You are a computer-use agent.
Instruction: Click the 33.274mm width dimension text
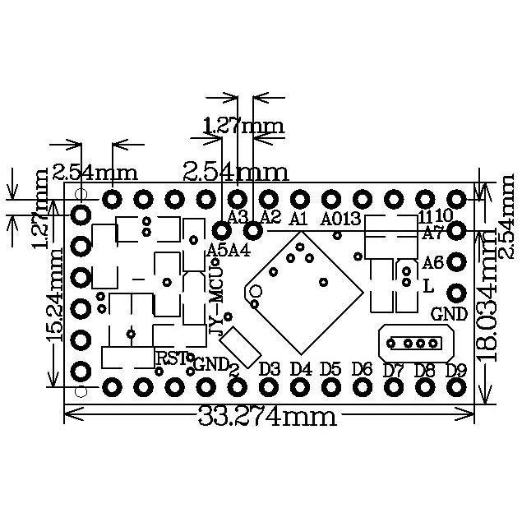(x=268, y=416)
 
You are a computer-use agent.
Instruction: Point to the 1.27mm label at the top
(x=243, y=126)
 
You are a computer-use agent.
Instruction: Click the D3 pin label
(x=270, y=368)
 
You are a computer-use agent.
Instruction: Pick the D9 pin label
(x=455, y=369)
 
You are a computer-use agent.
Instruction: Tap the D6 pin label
(x=363, y=368)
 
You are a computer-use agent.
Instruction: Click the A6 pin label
(x=433, y=263)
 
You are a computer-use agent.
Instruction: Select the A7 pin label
(x=433, y=233)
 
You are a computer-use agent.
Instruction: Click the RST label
(x=171, y=358)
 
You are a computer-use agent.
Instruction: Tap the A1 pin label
(x=298, y=218)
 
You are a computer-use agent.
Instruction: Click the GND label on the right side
(x=449, y=313)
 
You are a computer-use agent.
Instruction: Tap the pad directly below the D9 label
(x=455, y=386)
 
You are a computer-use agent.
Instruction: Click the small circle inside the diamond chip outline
(x=256, y=291)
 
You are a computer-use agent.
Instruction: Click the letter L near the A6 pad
(x=428, y=287)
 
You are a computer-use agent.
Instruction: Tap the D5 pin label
(x=331, y=368)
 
